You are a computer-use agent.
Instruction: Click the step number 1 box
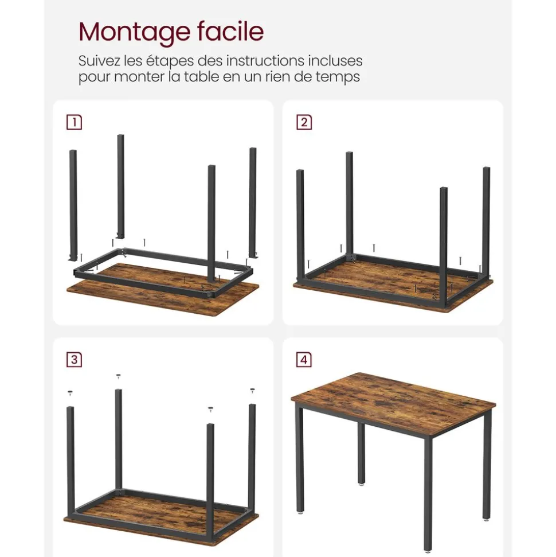[x=74, y=122]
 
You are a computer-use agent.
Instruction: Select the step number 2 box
[x=304, y=122]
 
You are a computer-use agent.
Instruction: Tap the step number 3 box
[x=74, y=360]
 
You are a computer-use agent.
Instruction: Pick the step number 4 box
[x=304, y=360]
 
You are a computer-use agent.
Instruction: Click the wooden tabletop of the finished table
[x=396, y=402]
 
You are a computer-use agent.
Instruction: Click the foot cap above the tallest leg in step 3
[x=119, y=377]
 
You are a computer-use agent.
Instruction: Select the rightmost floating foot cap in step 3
[x=252, y=390]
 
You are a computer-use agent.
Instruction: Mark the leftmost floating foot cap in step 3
[x=71, y=394]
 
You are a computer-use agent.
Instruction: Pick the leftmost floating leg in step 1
[x=73, y=201]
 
